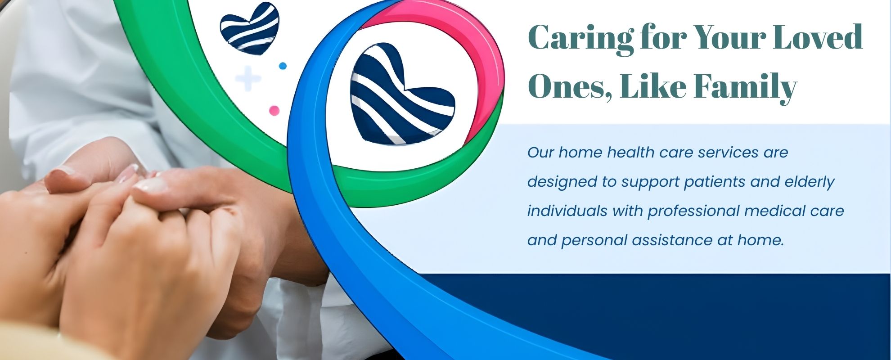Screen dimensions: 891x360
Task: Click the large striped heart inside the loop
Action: [402, 94]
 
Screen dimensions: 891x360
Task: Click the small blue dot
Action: [283, 66]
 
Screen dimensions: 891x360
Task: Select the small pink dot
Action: [274, 110]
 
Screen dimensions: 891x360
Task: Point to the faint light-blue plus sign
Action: [248, 79]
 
